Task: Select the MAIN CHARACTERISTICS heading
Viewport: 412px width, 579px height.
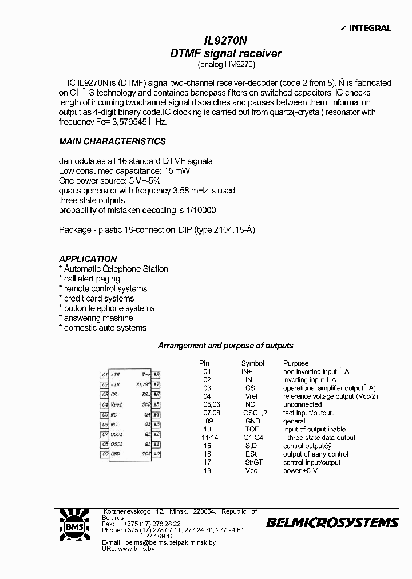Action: (112, 141)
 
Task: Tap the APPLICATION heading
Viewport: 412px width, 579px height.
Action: (88, 259)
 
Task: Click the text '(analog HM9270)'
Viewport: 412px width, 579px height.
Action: (225, 65)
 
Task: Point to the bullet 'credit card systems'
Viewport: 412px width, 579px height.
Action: (98, 298)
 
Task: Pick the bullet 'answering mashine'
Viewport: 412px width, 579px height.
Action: (98, 318)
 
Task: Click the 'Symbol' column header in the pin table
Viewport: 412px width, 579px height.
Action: (252, 363)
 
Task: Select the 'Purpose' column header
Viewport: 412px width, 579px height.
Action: (295, 363)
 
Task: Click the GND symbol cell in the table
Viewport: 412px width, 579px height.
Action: (252, 421)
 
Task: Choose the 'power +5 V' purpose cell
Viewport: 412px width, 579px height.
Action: (300, 471)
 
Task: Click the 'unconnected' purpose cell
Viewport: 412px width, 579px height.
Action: (302, 404)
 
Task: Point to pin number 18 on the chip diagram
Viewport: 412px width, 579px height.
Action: (157, 375)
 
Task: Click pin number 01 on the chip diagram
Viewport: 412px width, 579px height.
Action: (104, 375)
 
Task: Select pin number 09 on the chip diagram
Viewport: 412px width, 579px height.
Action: (104, 454)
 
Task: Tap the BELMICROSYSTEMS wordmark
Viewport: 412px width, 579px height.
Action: (332, 522)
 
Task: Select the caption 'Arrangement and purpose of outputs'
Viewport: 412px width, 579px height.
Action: (225, 346)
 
